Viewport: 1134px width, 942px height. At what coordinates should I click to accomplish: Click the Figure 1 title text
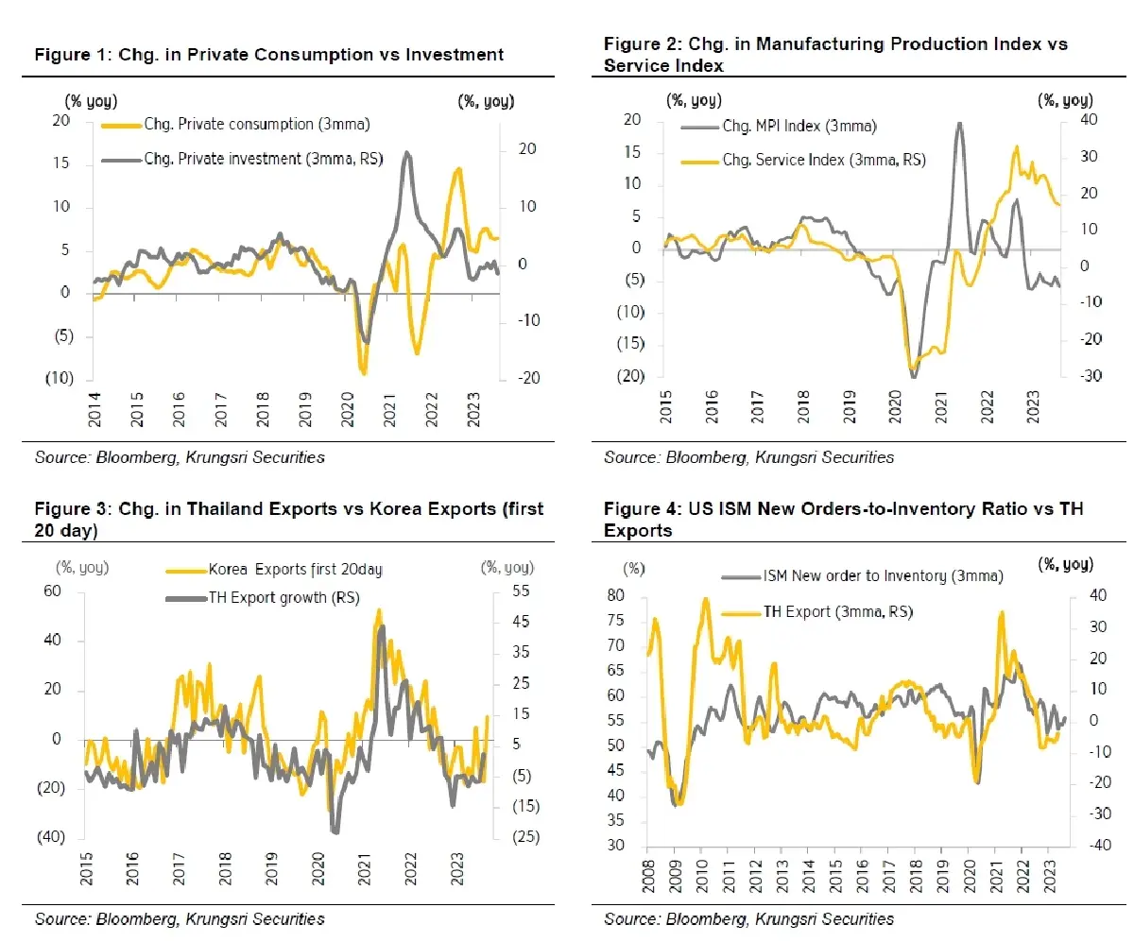tap(268, 55)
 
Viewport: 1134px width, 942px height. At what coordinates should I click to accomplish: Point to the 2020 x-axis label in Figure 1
tap(347, 409)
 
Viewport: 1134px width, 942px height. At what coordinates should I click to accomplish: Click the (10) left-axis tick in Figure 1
tap(60, 378)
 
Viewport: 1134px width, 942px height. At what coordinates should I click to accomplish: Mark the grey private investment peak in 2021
tap(407, 152)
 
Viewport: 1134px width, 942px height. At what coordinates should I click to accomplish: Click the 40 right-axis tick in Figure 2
tap(1089, 119)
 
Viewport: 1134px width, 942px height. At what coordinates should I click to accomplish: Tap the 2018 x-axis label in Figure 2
tap(803, 406)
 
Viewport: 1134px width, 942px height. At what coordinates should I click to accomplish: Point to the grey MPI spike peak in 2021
tap(960, 124)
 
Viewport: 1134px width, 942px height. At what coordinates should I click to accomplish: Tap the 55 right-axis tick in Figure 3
tap(521, 591)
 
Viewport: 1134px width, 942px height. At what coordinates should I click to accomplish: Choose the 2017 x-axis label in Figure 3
tap(179, 869)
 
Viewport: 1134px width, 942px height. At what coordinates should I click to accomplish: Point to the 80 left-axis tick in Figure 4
tap(616, 595)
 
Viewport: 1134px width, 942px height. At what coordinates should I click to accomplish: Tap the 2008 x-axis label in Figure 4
tap(648, 877)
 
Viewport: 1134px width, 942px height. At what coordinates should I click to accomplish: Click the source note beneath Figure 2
tap(748, 457)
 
